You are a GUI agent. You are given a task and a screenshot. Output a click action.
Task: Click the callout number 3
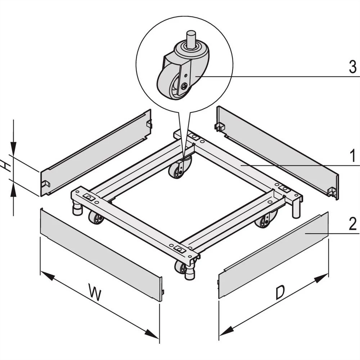coord(352,67)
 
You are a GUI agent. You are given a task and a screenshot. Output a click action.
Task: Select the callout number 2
coord(352,224)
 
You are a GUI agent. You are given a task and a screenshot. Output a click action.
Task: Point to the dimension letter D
coord(280,293)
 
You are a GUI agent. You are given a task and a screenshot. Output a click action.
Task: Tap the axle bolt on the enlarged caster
coord(184,86)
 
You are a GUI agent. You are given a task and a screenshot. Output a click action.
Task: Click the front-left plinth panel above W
coord(101,254)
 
